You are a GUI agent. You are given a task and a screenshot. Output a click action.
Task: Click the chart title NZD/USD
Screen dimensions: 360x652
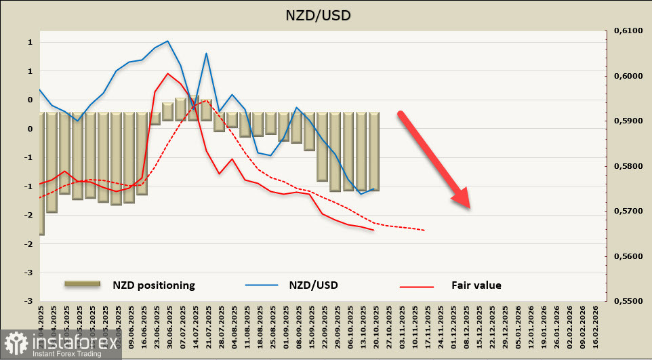click(x=325, y=14)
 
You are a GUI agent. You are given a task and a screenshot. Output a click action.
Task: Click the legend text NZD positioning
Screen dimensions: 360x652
click(x=154, y=285)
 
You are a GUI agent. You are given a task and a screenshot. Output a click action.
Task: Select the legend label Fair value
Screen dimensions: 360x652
click(x=476, y=285)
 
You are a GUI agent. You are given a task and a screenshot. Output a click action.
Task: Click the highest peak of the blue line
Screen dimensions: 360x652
click(x=168, y=41)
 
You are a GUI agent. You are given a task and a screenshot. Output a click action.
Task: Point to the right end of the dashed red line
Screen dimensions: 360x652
click(x=424, y=230)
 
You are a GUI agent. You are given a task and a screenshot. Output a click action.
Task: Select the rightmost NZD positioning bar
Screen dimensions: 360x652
click(x=373, y=152)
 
